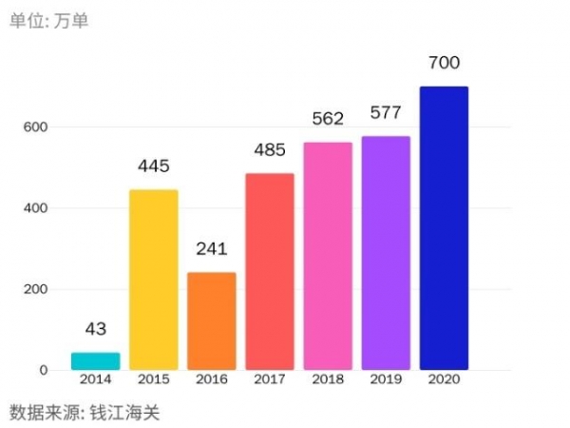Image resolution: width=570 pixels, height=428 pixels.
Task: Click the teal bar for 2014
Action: [95, 361]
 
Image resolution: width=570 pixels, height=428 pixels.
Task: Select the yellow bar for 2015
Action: [153, 280]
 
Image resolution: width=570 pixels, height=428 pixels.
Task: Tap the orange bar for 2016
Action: [211, 321]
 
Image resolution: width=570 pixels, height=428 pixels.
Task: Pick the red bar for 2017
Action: [270, 271]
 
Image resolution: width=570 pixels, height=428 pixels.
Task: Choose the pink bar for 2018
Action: [328, 256]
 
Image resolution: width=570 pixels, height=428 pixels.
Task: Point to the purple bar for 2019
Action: [386, 253]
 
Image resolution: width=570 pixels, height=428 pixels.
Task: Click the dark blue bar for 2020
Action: [444, 228]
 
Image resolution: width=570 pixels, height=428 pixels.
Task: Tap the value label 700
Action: [444, 64]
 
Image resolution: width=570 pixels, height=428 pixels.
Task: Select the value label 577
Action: [386, 114]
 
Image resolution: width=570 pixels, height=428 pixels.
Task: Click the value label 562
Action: [328, 119]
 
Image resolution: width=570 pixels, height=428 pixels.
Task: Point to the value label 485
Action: [270, 150]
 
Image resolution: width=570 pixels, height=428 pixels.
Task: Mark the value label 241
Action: [211, 250]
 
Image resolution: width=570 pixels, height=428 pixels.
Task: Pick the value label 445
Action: [153, 166]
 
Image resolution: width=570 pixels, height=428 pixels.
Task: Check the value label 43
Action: [95, 329]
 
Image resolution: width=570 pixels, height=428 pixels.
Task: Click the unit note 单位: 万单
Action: [49, 20]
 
